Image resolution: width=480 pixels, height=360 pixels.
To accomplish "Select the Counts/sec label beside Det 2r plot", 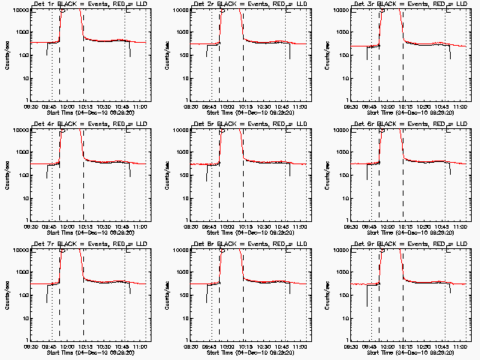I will click(167, 55).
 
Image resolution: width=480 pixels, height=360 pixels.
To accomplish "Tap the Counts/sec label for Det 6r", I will click(328, 175).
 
